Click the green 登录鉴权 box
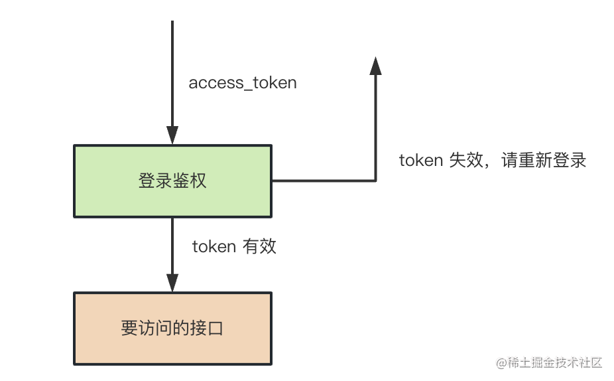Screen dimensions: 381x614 click(172, 181)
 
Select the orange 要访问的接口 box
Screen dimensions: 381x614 click(172, 328)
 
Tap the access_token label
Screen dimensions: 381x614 click(243, 83)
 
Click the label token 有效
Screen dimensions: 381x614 click(234, 247)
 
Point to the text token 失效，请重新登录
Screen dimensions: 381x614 click(492, 161)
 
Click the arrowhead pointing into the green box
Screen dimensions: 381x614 click(172, 135)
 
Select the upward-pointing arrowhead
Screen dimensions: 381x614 click(375, 66)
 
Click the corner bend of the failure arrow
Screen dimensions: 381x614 click(375, 180)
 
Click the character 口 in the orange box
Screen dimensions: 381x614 click(215, 328)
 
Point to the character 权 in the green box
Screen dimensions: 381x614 click(198, 181)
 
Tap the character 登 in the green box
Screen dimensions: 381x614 click(147, 181)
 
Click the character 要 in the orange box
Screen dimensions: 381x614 click(129, 328)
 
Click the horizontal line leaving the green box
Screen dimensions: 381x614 click(324, 180)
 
